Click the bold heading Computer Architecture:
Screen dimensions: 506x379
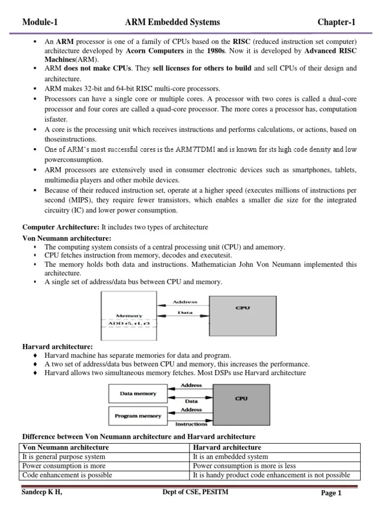click(61, 227)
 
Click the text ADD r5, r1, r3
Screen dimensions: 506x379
click(129, 324)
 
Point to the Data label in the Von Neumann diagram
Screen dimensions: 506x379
click(185, 312)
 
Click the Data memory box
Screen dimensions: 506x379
click(138, 394)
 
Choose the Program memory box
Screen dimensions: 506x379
click(138, 416)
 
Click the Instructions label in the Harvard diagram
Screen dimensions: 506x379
click(191, 424)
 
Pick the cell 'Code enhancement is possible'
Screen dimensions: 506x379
click(68, 475)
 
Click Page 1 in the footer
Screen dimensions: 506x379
click(331, 493)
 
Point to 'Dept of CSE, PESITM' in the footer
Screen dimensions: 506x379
click(195, 492)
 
